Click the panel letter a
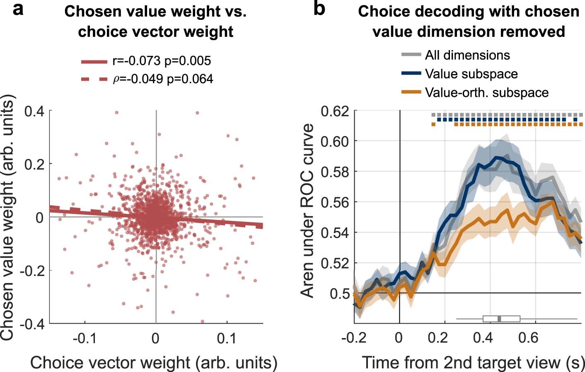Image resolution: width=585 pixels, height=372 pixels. coord(18,9)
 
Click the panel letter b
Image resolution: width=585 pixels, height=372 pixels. coord(319,9)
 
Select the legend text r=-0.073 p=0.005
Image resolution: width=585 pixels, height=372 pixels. coord(162,61)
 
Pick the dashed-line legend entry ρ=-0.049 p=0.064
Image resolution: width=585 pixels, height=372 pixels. coord(163,79)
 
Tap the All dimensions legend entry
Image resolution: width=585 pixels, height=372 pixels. coord(467,55)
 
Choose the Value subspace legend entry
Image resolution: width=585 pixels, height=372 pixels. coord(471,74)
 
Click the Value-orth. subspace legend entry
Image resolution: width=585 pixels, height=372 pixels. coord(486,92)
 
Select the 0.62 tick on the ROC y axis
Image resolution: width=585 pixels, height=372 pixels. coord(335,111)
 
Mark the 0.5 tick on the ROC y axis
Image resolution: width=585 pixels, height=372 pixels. coord(340,293)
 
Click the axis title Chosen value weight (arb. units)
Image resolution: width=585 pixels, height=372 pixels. coord(8,217)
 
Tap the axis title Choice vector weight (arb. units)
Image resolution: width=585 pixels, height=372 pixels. coord(154,362)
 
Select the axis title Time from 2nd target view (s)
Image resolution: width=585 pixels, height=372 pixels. coord(473,362)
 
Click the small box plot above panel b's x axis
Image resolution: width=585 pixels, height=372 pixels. coord(501,319)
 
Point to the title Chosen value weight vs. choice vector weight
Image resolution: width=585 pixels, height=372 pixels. coord(155,22)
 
